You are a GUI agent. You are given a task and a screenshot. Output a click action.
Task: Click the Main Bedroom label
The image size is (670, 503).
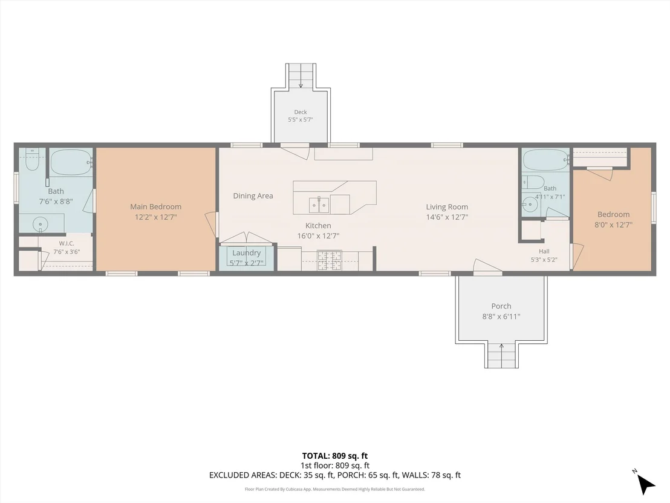click(x=156, y=206)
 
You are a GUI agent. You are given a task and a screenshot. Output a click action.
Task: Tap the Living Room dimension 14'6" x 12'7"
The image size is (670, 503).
click(x=447, y=217)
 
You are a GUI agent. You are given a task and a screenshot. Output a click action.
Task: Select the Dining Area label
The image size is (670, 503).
click(x=253, y=196)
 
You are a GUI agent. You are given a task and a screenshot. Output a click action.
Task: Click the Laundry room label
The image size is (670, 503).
click(x=247, y=253)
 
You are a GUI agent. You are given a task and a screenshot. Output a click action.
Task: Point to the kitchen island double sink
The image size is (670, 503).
click(x=319, y=205)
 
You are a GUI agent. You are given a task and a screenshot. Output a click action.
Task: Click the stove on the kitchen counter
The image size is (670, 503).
click(x=329, y=261)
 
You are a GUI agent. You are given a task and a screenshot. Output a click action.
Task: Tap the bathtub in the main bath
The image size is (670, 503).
click(x=71, y=162)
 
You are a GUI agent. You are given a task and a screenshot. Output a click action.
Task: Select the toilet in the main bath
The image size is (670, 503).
click(x=32, y=159)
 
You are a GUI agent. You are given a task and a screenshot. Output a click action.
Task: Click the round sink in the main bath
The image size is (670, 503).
click(x=41, y=224)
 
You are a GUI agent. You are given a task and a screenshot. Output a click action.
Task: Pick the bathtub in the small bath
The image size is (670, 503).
click(x=546, y=160)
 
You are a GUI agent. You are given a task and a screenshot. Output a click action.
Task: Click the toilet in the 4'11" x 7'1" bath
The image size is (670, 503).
click(x=532, y=182)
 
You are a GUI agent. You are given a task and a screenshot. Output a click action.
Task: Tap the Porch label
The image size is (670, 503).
click(x=501, y=306)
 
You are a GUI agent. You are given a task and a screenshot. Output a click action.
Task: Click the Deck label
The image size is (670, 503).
click(x=301, y=112)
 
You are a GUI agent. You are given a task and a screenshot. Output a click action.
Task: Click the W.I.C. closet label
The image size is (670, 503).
click(x=67, y=243)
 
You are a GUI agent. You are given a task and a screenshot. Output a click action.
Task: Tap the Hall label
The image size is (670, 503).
click(x=544, y=252)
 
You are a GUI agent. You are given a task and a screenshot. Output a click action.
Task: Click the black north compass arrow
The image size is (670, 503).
click(x=646, y=485)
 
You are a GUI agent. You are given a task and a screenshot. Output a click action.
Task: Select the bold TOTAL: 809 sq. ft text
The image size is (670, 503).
click(x=335, y=456)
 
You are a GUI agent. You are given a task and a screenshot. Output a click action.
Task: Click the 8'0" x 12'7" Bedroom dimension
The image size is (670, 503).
click(x=614, y=225)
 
